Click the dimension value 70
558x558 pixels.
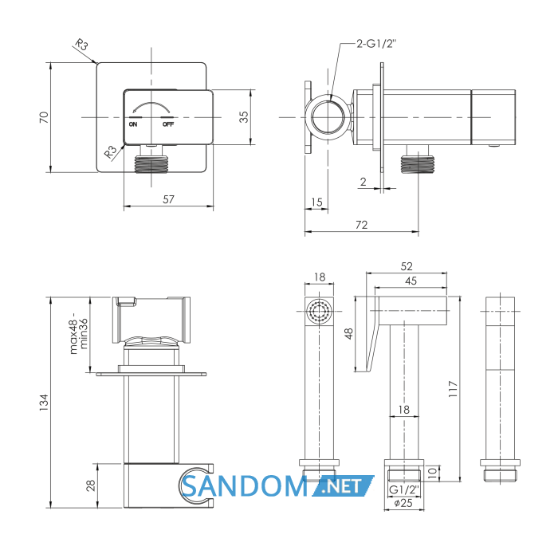pyautogui.click(x=44, y=117)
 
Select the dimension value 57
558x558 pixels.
pyautogui.click(x=169, y=199)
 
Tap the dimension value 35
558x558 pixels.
pyautogui.click(x=244, y=116)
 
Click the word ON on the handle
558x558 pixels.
pyautogui.click(x=133, y=124)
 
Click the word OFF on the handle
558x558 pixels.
pyautogui.click(x=168, y=124)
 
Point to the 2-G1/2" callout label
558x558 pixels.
pyautogui.click(x=376, y=44)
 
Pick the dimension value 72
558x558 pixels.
pyautogui.click(x=362, y=225)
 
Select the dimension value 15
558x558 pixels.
pyautogui.click(x=316, y=202)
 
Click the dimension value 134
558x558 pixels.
pyautogui.click(x=44, y=403)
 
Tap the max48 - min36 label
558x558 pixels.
pyautogui.click(x=79, y=333)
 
